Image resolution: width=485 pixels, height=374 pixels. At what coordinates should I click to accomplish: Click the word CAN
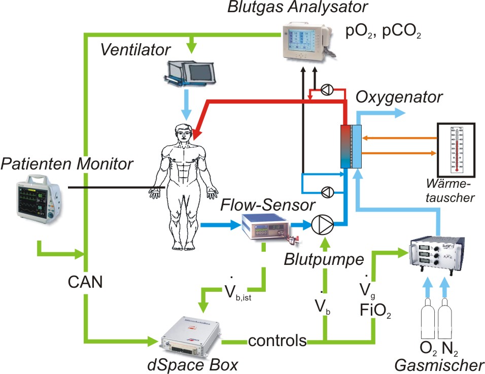[87, 282]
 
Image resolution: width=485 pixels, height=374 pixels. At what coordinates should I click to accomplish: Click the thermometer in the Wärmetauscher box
[456, 149]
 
